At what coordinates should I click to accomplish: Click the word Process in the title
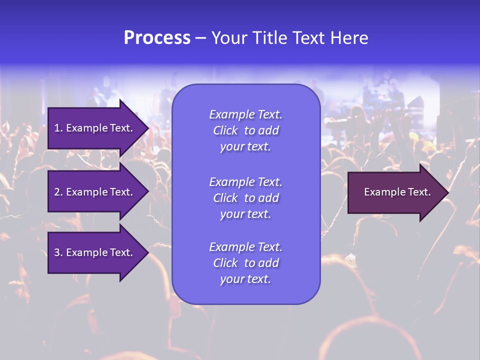point(157,38)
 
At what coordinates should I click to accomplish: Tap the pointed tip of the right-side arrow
point(447,192)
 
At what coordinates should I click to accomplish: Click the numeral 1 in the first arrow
point(56,128)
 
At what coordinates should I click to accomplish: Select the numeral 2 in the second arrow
point(56,192)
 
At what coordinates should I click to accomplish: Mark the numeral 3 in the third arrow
point(56,252)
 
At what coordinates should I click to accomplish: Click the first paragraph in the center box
point(245,130)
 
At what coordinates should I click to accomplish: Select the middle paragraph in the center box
point(245,198)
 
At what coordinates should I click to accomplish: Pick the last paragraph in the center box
point(245,263)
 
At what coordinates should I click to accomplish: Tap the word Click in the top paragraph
point(225,130)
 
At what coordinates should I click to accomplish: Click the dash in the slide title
point(200,38)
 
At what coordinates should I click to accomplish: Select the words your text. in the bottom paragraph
point(245,279)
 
